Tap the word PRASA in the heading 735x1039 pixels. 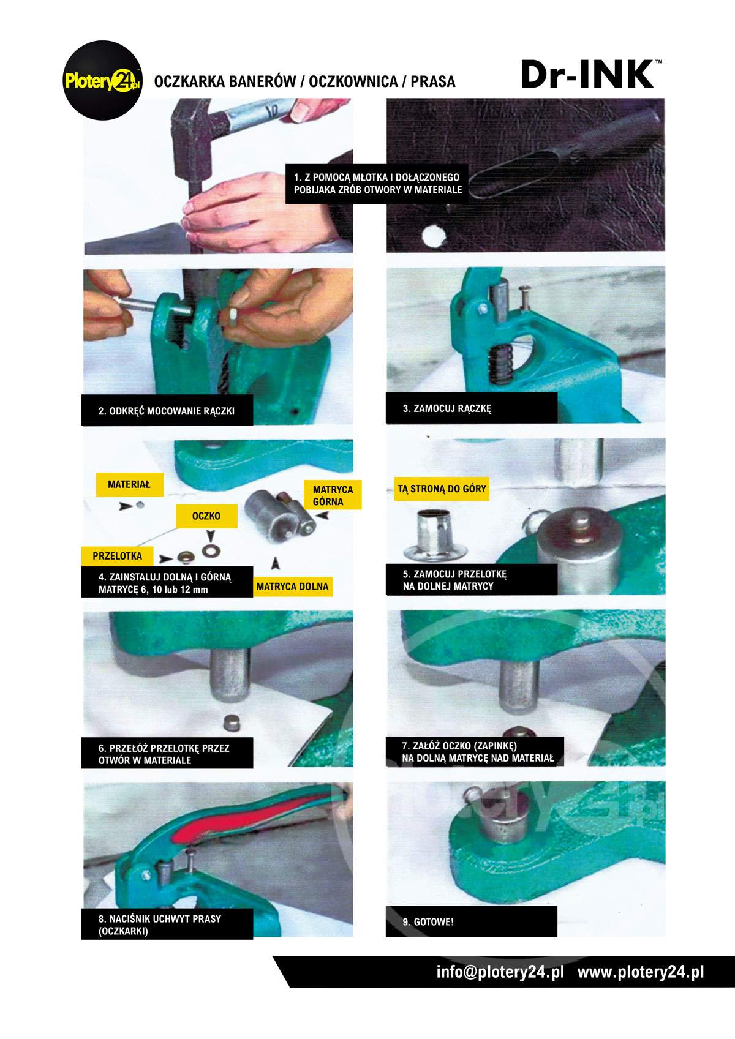pyautogui.click(x=433, y=81)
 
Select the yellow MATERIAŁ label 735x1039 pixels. pyautogui.click(x=129, y=484)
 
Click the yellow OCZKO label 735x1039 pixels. pyautogui.click(x=206, y=516)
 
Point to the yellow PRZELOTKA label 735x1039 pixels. pyautogui.click(x=117, y=556)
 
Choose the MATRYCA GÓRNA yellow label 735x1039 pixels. pyautogui.click(x=333, y=495)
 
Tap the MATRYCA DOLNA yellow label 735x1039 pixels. pyautogui.click(x=292, y=587)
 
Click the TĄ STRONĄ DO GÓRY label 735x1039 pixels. pyautogui.click(x=442, y=489)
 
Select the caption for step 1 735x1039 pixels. pyautogui.click(x=377, y=184)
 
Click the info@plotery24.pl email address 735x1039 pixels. pyautogui.click(x=499, y=972)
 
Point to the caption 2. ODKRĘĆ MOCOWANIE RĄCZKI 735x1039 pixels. pyautogui.click(x=167, y=411)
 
